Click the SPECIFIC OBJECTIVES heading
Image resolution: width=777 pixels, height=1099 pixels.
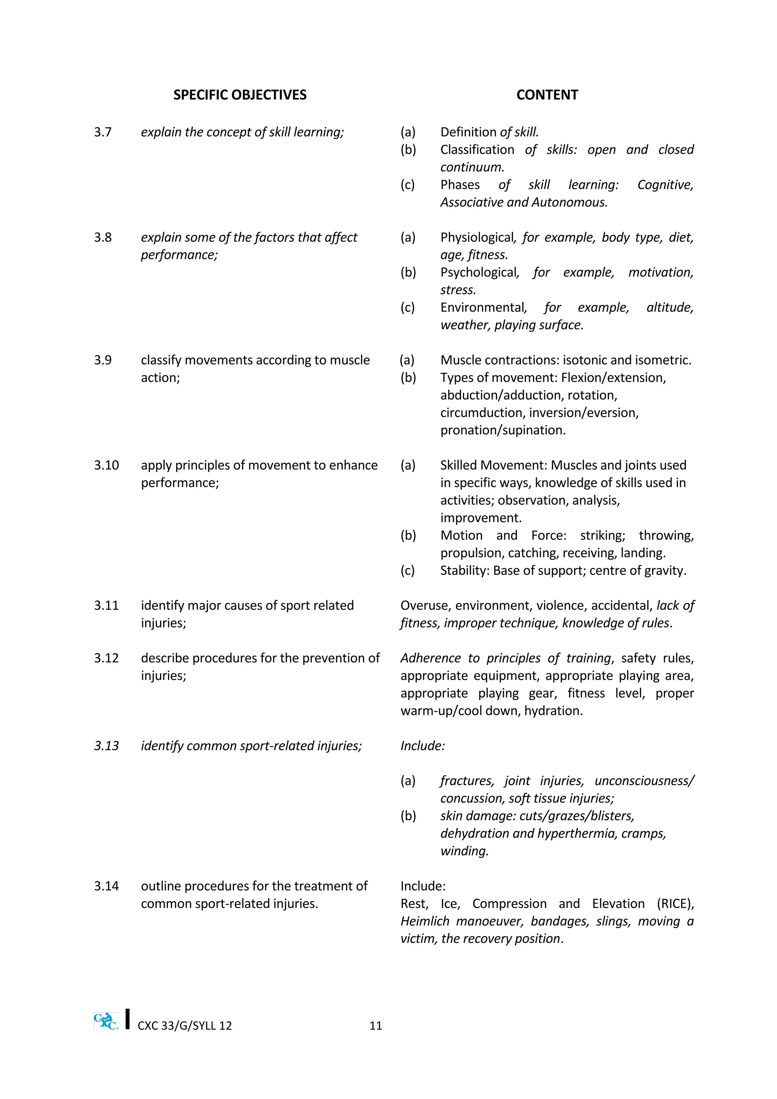pos(240,95)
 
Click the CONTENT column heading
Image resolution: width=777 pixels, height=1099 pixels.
pos(547,95)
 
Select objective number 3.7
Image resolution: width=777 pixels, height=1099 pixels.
pos(103,132)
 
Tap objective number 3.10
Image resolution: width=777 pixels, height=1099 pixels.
pos(106,465)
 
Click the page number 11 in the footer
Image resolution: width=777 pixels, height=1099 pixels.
pos(376,1025)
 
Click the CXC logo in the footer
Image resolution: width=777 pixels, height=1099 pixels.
pos(106,1022)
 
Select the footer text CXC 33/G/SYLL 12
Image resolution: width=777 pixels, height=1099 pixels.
pos(185,1025)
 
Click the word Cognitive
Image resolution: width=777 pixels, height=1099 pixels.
pos(665,185)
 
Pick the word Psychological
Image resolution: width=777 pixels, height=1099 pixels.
pos(479,272)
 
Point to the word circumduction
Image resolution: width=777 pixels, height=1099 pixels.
pos(481,413)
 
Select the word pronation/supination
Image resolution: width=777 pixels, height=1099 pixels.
pos(503,430)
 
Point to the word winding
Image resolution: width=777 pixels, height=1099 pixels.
pos(464,851)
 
